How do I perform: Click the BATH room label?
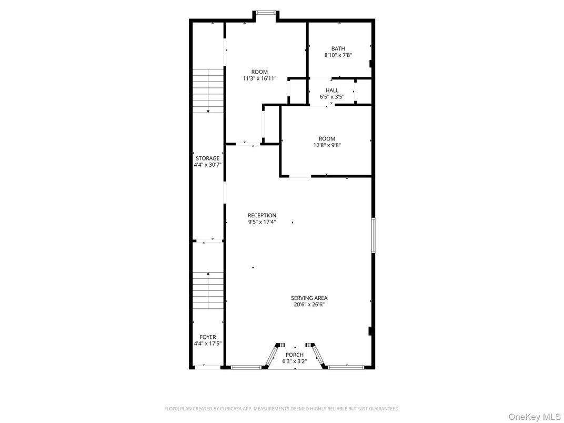(x=338, y=48)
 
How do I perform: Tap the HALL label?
(x=332, y=90)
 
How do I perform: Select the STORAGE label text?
(x=207, y=158)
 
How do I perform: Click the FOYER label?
(x=207, y=337)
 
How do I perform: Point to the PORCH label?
(x=295, y=355)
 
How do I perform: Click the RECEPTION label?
(x=262, y=215)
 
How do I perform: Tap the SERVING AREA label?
(x=309, y=298)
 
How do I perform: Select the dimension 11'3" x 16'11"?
(x=259, y=78)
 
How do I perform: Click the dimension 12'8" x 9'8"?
(x=327, y=145)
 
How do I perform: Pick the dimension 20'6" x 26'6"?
(x=309, y=304)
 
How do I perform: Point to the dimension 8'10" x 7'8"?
(x=338, y=55)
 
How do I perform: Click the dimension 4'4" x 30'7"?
(x=207, y=164)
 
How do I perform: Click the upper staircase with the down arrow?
(x=208, y=90)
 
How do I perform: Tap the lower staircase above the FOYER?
(x=208, y=290)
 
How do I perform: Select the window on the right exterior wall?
(x=373, y=235)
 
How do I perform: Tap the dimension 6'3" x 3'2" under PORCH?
(x=295, y=361)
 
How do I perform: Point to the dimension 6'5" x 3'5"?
(x=332, y=97)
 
